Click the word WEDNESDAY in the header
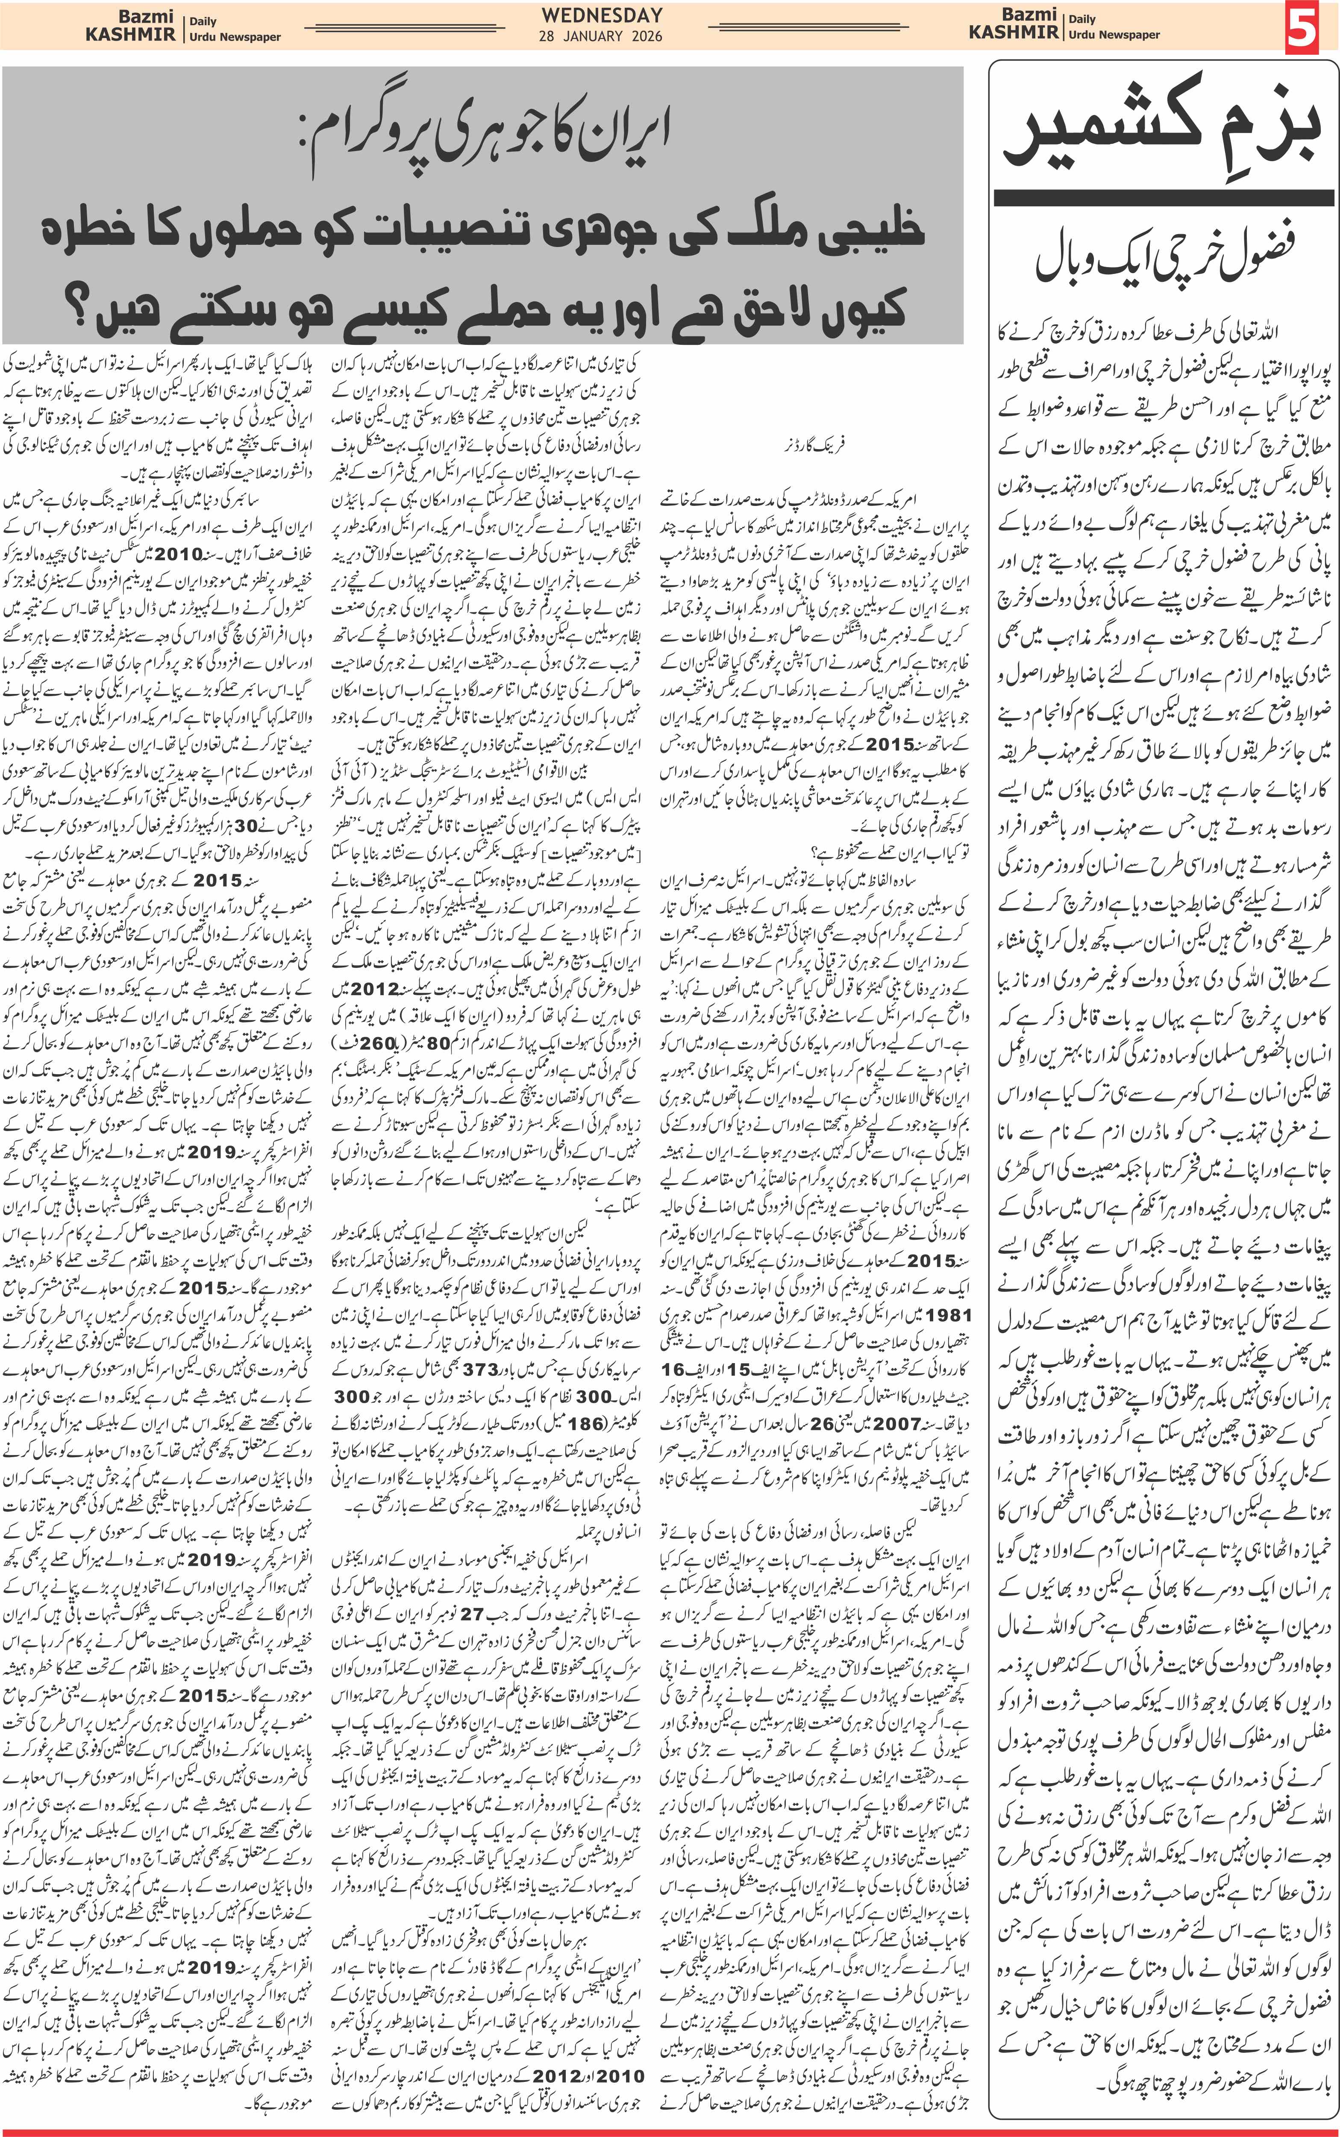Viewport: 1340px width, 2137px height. tap(602, 15)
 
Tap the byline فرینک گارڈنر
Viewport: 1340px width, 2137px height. tap(814, 446)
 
